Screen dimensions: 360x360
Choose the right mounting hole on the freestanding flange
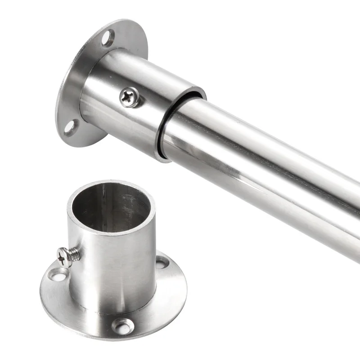(161, 262)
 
